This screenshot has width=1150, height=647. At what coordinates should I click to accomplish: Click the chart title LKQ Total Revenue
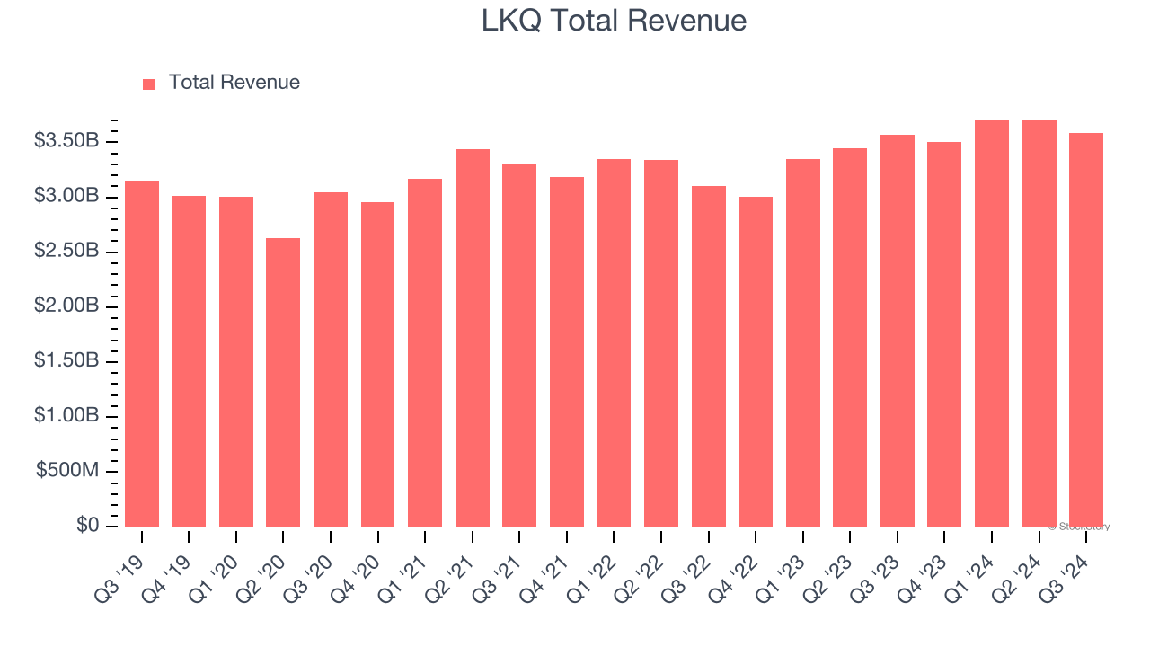[614, 21]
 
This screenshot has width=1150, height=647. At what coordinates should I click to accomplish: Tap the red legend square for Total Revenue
[149, 84]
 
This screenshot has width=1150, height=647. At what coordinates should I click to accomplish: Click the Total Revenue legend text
[234, 83]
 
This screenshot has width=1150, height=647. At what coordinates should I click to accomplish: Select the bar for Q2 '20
[283, 382]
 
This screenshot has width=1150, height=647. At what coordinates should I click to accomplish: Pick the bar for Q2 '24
[1039, 323]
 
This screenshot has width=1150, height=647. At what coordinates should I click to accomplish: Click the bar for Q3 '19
[142, 353]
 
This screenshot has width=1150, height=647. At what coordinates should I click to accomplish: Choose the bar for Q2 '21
[473, 338]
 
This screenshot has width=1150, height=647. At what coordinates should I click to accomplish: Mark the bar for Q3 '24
[1086, 330]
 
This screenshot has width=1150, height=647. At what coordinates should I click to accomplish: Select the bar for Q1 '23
[802, 342]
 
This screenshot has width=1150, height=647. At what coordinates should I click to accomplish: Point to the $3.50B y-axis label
[66, 141]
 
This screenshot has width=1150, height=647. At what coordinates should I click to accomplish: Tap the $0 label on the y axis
[86, 526]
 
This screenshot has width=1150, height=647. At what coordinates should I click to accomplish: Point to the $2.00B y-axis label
[66, 306]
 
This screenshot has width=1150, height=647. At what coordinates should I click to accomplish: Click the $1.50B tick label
[66, 361]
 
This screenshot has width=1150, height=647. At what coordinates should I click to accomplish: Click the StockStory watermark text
[1079, 527]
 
